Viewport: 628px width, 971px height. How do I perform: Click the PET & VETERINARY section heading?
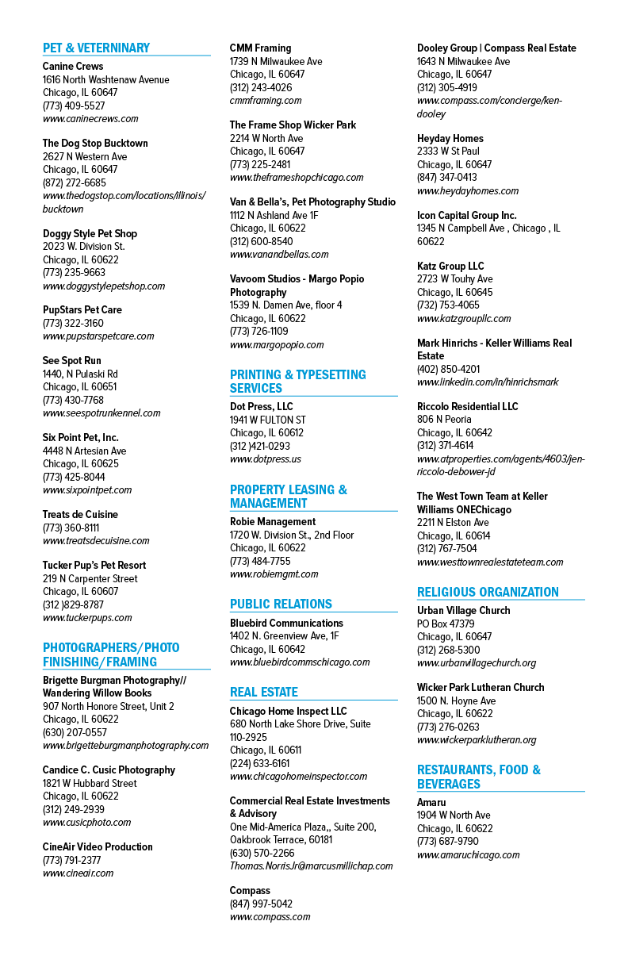click(96, 48)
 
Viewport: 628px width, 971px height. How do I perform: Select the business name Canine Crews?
click(73, 67)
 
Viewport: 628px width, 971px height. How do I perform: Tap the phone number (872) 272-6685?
click(74, 182)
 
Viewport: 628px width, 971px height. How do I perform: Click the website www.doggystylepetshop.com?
click(104, 286)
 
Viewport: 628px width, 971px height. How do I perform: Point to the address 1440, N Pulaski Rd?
click(80, 374)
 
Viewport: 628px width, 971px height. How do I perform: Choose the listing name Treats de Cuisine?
click(80, 515)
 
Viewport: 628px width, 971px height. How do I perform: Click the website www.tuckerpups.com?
click(87, 618)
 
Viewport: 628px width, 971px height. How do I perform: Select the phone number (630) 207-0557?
click(75, 732)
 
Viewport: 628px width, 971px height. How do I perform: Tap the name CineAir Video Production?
click(98, 846)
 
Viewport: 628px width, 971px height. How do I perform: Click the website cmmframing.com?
click(266, 101)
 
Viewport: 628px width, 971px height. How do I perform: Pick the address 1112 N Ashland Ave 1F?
click(274, 216)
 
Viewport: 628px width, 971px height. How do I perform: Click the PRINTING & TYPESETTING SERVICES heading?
click(298, 381)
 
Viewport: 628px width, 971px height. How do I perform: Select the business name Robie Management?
click(273, 521)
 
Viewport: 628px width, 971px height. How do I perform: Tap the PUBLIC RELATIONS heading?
click(281, 604)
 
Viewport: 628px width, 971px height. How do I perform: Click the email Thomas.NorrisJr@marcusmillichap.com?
click(311, 865)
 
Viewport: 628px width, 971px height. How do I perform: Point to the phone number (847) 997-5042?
click(261, 904)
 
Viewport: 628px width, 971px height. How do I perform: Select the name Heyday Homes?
click(450, 138)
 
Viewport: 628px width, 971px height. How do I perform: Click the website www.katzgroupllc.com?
click(464, 319)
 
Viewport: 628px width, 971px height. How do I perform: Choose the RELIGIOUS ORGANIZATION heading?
click(488, 592)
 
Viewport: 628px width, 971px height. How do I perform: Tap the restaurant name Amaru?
click(431, 802)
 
